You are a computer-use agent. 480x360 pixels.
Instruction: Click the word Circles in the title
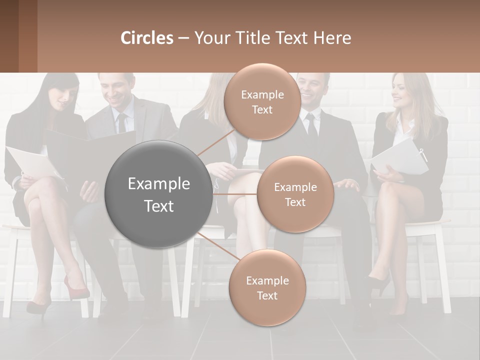tap(146, 38)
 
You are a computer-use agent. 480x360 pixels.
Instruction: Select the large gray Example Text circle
tap(158, 194)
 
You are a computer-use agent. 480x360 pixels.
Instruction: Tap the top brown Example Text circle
tap(262, 102)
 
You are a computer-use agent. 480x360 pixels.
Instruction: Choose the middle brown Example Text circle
tap(295, 194)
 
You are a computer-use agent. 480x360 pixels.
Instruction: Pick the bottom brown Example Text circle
tap(267, 288)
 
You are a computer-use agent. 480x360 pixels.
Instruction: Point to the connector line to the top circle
tap(216, 141)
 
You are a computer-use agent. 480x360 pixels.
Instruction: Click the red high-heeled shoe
tap(75, 289)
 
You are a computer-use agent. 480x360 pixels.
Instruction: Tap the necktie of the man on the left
tap(121, 122)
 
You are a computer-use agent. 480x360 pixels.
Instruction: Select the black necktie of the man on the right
tap(312, 127)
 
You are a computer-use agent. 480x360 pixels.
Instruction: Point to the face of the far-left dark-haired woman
tap(64, 98)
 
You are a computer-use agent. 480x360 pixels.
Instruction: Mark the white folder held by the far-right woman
tap(400, 157)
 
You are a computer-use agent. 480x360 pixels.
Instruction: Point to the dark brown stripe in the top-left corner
tap(9, 36)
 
